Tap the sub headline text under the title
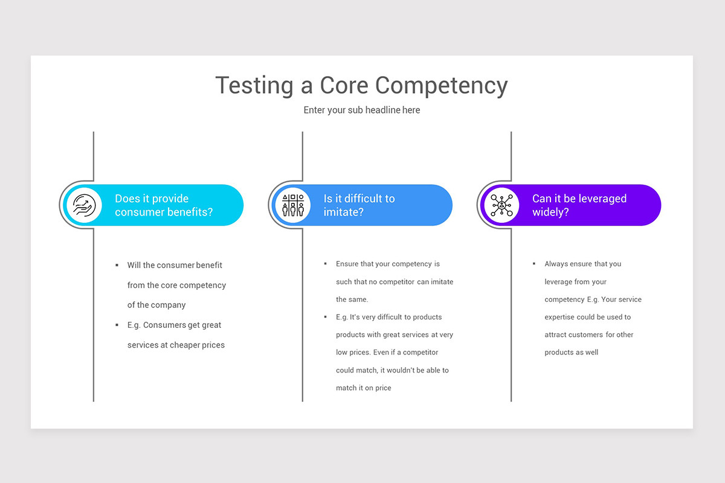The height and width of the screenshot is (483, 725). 362,110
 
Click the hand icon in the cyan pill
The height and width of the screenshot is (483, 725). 84,205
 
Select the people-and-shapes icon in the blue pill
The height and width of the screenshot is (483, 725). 293,205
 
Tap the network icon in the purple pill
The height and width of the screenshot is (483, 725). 501,205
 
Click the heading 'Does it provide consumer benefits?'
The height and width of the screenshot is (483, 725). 164,205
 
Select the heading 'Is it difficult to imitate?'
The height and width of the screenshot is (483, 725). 359,205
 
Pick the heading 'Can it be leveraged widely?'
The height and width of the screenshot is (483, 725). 579,205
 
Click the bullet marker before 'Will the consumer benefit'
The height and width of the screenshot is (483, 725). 117,265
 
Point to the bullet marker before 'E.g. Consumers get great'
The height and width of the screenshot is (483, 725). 117,325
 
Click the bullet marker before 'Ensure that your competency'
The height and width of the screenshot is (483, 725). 326,264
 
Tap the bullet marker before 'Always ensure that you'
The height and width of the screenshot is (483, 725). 534,264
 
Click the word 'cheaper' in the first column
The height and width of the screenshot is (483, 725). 184,345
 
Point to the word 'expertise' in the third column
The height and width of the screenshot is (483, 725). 560,317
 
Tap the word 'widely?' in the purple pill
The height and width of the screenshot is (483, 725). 550,213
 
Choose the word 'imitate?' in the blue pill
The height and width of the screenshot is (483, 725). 343,213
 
